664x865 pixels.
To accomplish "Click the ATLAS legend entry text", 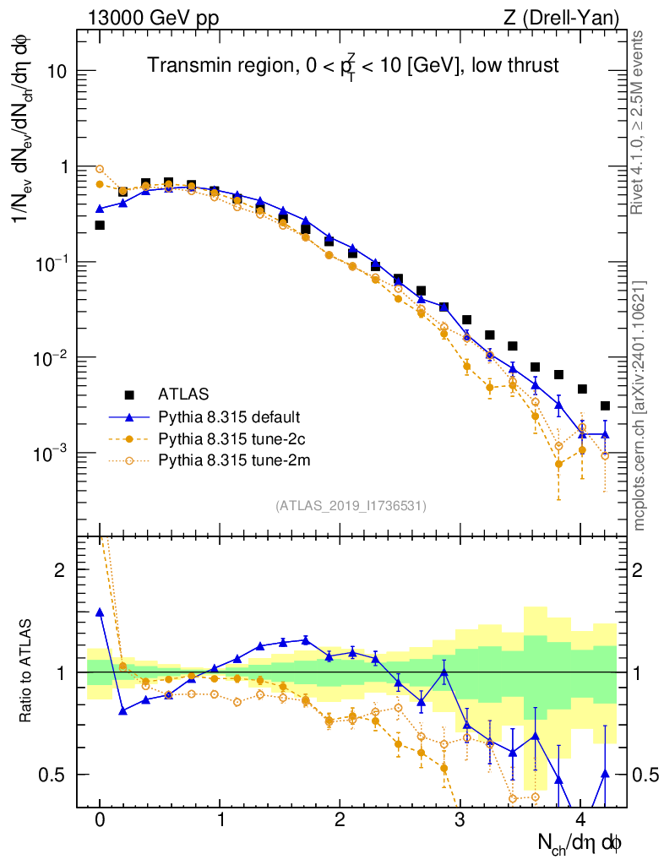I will point(183,394).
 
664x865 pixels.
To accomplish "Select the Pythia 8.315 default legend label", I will point(229,416).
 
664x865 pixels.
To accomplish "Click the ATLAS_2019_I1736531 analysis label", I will point(351,506).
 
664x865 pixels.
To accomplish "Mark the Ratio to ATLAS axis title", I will point(26,672).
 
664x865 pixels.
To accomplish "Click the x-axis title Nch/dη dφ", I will point(580,842).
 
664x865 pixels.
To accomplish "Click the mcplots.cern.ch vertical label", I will point(640,405).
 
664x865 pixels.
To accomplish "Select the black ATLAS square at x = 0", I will point(100,226).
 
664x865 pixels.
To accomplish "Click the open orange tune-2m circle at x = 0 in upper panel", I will point(100,169).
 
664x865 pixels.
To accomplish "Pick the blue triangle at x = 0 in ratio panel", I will point(100,612).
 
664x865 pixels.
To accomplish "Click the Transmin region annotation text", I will point(352,66).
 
